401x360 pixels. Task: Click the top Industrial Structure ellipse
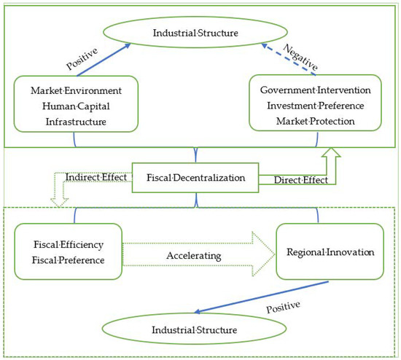click(200, 34)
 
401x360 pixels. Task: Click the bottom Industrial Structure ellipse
click(196, 330)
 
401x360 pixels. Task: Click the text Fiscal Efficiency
click(67, 244)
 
